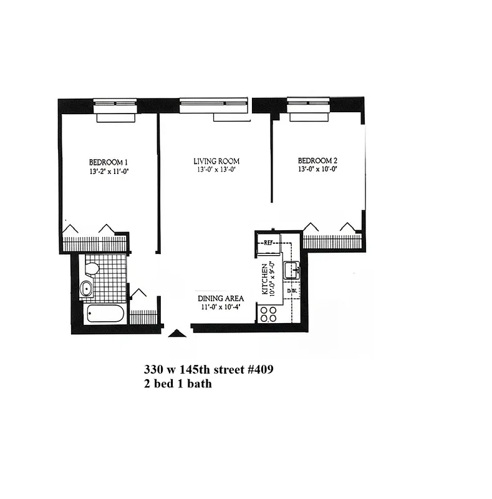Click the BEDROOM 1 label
point(109,160)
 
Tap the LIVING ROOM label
point(216,161)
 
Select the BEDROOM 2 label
point(321,160)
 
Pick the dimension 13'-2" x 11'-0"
point(109,170)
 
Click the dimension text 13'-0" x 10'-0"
point(321,169)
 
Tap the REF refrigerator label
point(269,243)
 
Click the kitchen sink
point(292,271)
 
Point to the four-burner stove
point(269,314)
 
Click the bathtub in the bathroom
point(105,313)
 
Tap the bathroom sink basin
point(86,288)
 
